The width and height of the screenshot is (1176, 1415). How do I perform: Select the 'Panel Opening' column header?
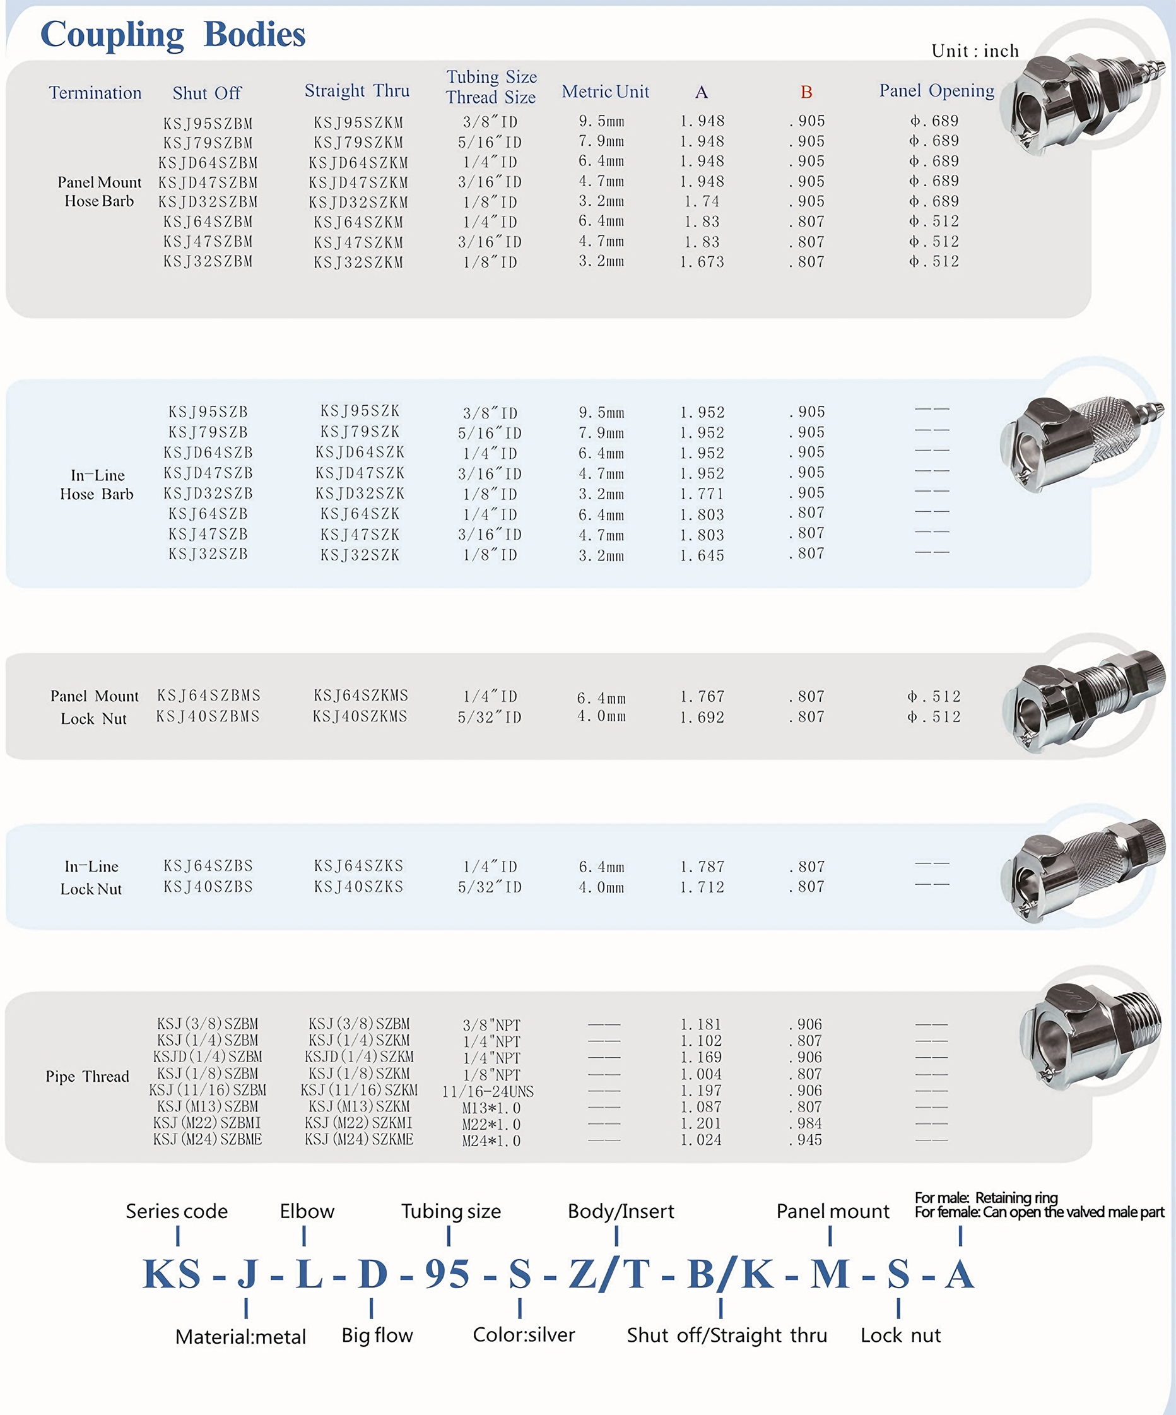pyautogui.click(x=936, y=91)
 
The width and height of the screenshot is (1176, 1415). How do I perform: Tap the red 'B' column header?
pyautogui.click(x=806, y=92)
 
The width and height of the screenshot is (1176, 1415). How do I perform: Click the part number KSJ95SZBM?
pyautogui.click(x=208, y=123)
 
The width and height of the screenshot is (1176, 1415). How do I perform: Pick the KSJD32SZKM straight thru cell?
pyautogui.click(x=358, y=202)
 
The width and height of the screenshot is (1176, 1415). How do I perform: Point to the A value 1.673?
pyautogui.click(x=702, y=261)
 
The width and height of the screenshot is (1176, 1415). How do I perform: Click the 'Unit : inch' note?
pyautogui.click(x=975, y=51)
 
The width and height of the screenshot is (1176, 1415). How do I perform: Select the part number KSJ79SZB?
pyautogui.click(x=208, y=432)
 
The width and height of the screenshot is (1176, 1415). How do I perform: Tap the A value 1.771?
pyautogui.click(x=702, y=494)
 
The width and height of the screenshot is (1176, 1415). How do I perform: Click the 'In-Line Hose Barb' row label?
pyautogui.click(x=97, y=485)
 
